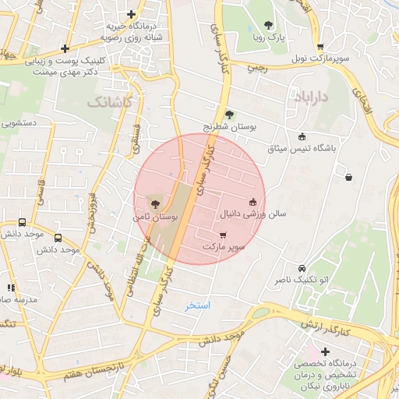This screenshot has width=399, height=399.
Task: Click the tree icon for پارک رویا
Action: (x=269, y=25)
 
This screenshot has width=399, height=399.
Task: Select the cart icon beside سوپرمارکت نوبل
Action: (x=320, y=47)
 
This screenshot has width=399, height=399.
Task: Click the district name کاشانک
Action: (x=110, y=101)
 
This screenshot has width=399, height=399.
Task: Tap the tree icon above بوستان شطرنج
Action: (x=228, y=114)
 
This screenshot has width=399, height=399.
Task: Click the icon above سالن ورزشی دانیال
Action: (x=252, y=202)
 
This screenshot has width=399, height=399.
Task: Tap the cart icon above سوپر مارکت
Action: (x=224, y=235)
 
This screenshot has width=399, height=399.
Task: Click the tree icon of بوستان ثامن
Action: (x=154, y=203)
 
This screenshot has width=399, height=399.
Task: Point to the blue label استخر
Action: (x=197, y=305)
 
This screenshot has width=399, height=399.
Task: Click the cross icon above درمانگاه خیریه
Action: (x=132, y=14)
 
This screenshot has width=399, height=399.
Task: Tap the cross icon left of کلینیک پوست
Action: (x=65, y=48)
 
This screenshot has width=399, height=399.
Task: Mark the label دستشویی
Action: (x=21, y=122)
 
